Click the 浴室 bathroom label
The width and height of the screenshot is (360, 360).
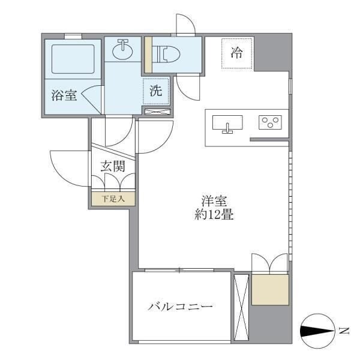pyautogui.click(x=64, y=95)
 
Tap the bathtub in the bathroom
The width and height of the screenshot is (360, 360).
pyautogui.click(x=73, y=59)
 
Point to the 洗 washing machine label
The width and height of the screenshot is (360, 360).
pyautogui.click(x=155, y=92)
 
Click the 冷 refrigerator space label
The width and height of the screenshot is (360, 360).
pyautogui.click(x=237, y=53)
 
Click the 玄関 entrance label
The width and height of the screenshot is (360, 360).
pyautogui.click(x=113, y=166)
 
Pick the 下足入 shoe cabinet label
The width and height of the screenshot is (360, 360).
pyautogui.click(x=113, y=199)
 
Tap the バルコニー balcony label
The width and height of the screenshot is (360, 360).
pyautogui.click(x=181, y=307)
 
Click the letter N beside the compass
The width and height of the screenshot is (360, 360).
pyautogui.click(x=344, y=330)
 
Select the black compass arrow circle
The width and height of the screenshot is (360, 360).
pyautogui.click(x=316, y=330)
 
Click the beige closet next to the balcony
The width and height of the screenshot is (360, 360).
pyautogui.click(x=270, y=290)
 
